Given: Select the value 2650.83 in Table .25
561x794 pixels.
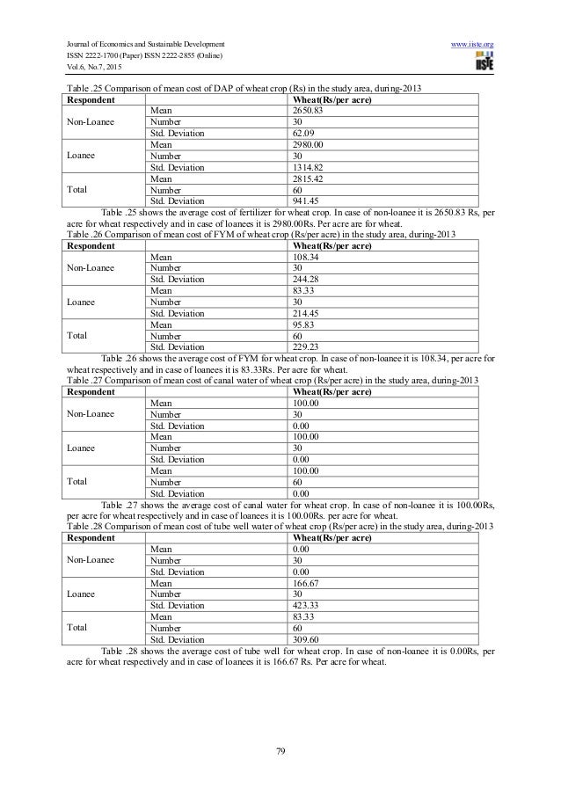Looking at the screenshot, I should tap(307, 110).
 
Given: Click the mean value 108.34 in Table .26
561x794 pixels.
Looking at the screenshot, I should tap(303, 257).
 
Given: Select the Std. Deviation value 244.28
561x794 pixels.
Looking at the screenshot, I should tap(303, 280).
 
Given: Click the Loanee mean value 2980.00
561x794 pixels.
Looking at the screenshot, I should tap(307, 144).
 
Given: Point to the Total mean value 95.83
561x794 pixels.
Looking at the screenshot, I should tap(302, 324).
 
